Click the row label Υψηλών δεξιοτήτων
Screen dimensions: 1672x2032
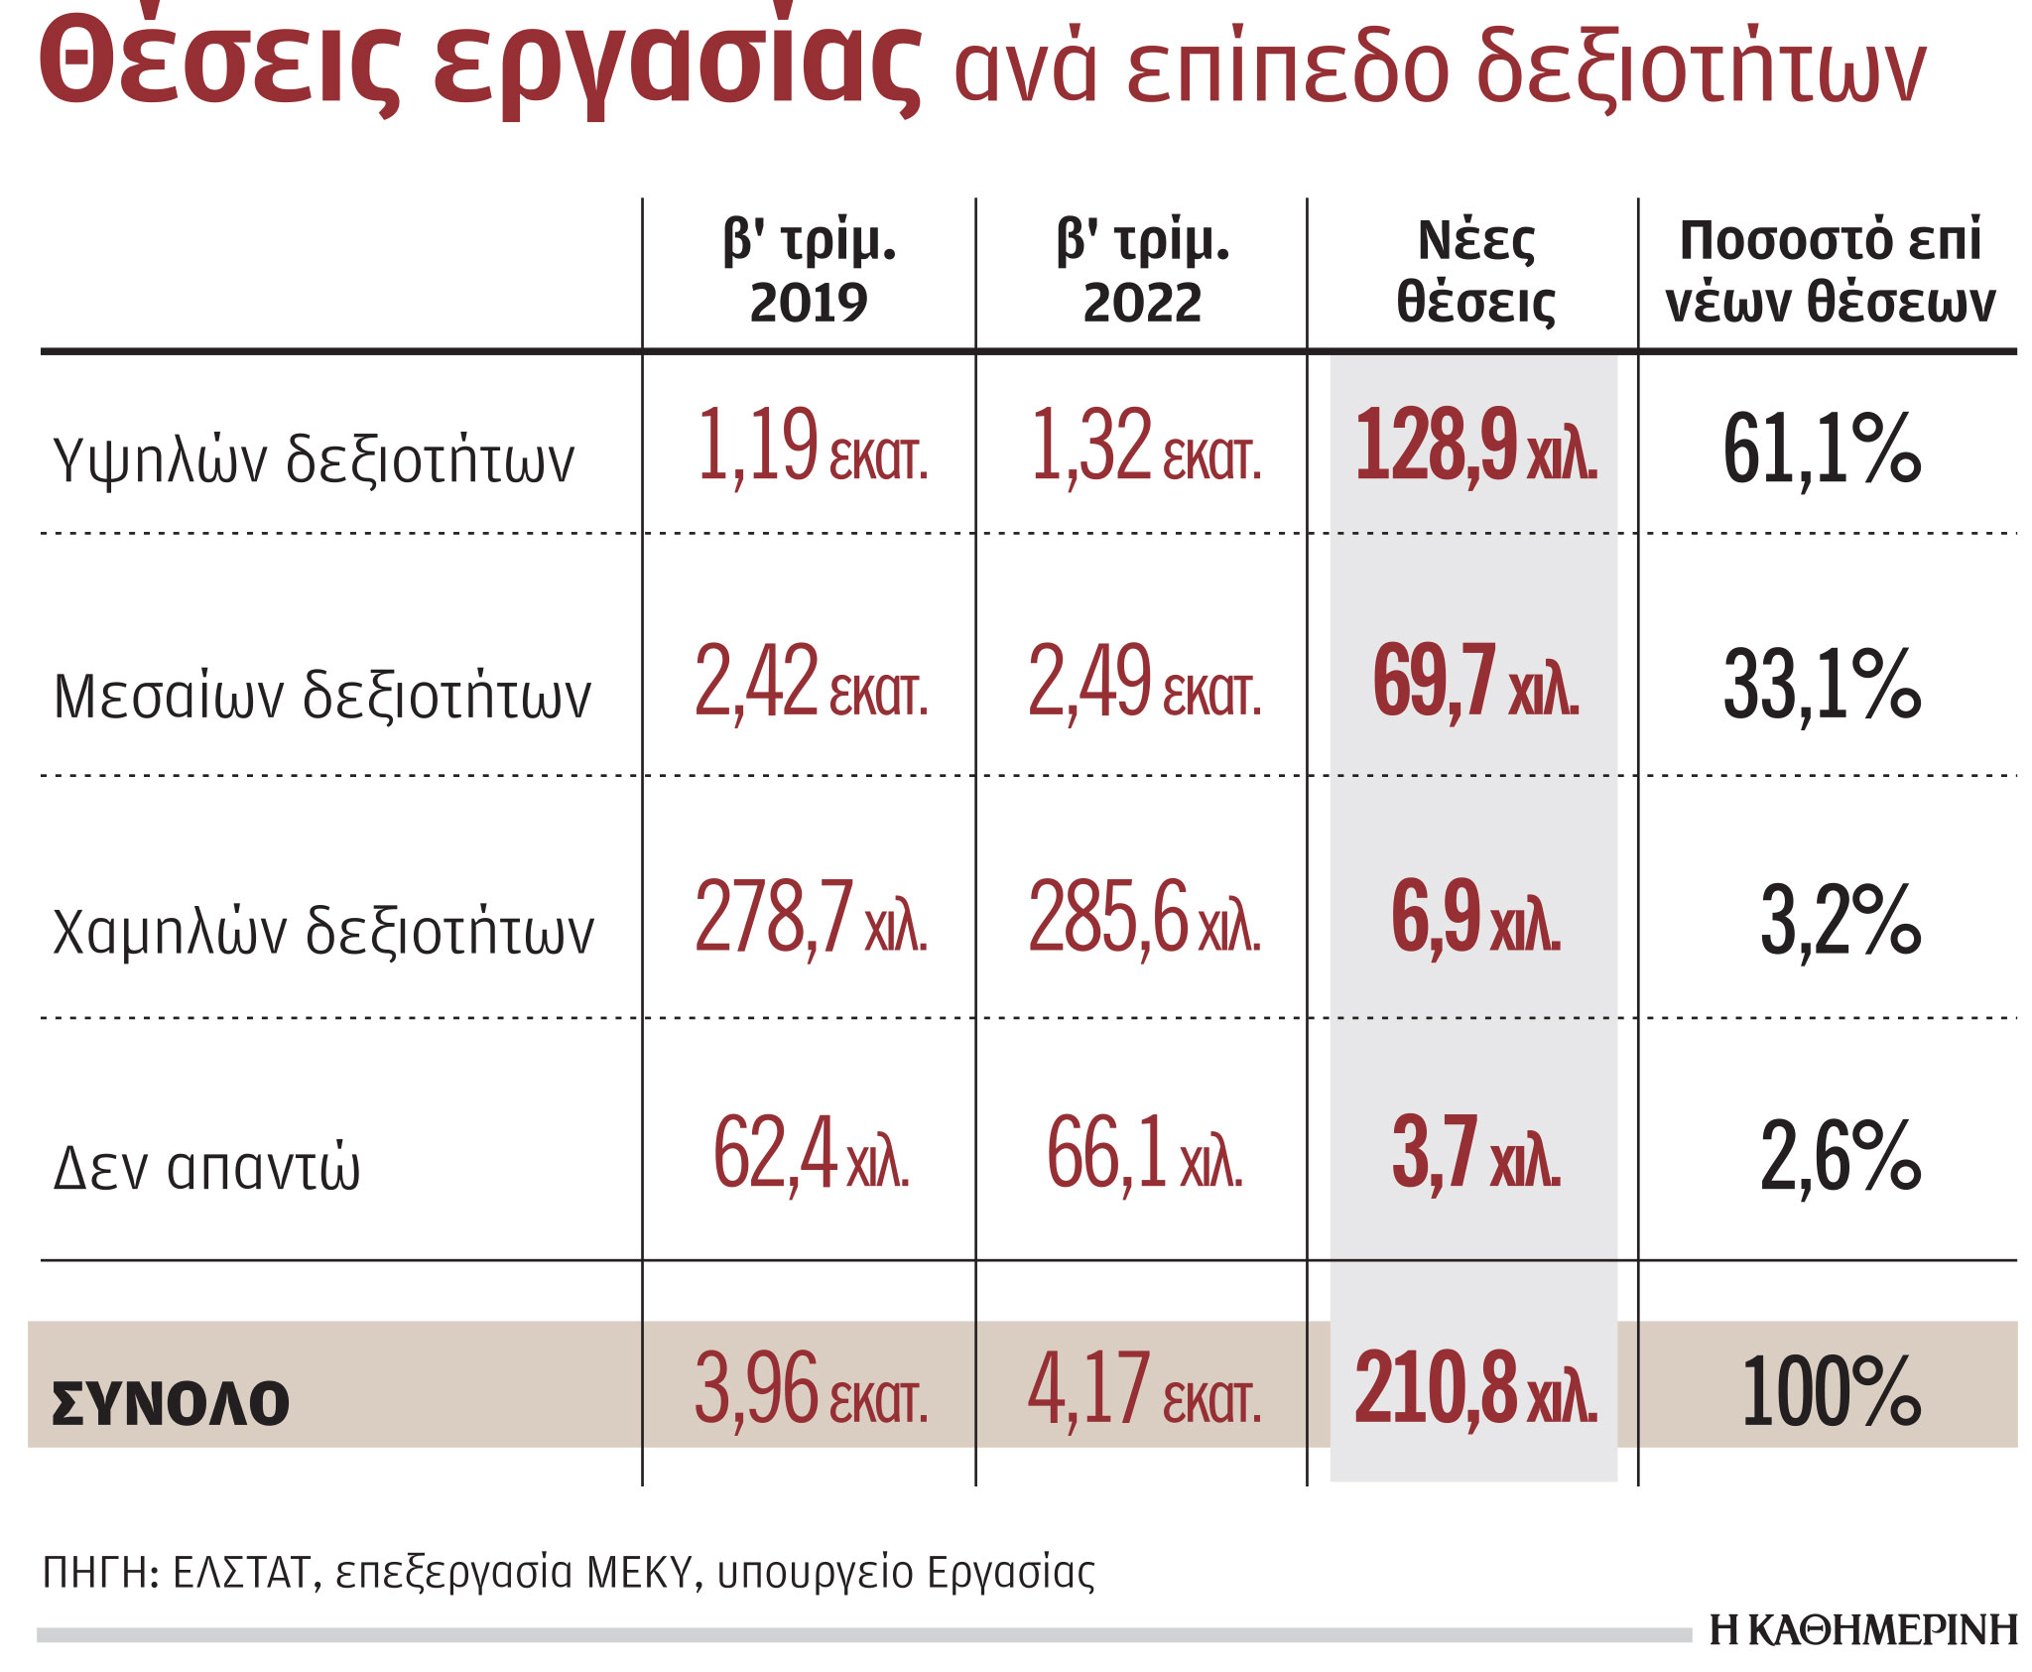click(x=314, y=460)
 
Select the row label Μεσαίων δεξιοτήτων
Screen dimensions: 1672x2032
click(x=321, y=696)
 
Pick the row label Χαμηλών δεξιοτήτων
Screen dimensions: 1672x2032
click(x=322, y=932)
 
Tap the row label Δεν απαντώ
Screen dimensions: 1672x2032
click(x=206, y=1167)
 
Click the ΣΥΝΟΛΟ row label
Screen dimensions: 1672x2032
click(x=170, y=1403)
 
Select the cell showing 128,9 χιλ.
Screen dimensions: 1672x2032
click(x=1475, y=446)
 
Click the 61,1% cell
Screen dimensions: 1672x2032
click(x=1822, y=450)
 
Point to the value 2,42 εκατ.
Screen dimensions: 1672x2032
click(x=811, y=682)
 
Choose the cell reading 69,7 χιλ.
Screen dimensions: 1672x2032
click(x=1475, y=682)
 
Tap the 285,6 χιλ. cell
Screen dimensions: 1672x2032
click(x=1144, y=918)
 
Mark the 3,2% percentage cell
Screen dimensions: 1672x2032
click(x=1840, y=922)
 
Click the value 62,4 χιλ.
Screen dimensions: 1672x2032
click(x=811, y=1154)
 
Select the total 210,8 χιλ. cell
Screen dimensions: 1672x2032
click(x=1475, y=1389)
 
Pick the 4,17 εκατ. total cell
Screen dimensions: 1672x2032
click(x=1144, y=1389)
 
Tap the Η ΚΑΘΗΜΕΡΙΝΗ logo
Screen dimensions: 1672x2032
click(x=1862, y=1630)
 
